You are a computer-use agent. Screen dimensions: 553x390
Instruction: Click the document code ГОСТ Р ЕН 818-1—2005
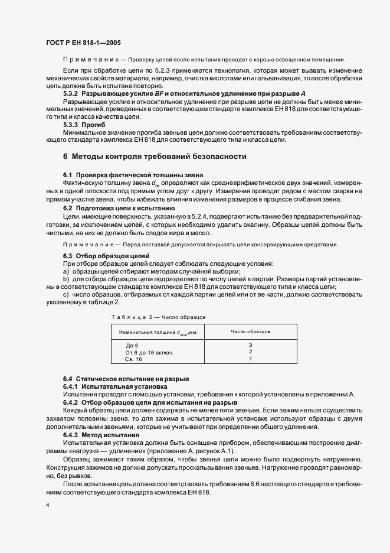click(x=83, y=43)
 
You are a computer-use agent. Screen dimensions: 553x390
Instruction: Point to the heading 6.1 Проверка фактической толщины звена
click(x=133, y=175)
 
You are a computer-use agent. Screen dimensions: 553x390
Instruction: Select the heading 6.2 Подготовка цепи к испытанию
click(x=119, y=209)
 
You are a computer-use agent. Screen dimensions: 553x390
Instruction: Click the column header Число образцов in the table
click(x=250, y=332)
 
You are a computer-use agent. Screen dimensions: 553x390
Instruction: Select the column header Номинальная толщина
click(x=158, y=332)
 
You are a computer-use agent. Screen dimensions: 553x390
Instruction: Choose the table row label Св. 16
click(x=134, y=359)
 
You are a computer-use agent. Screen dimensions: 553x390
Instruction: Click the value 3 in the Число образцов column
click(x=250, y=345)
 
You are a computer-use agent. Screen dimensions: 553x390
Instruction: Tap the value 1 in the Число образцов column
click(x=250, y=359)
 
